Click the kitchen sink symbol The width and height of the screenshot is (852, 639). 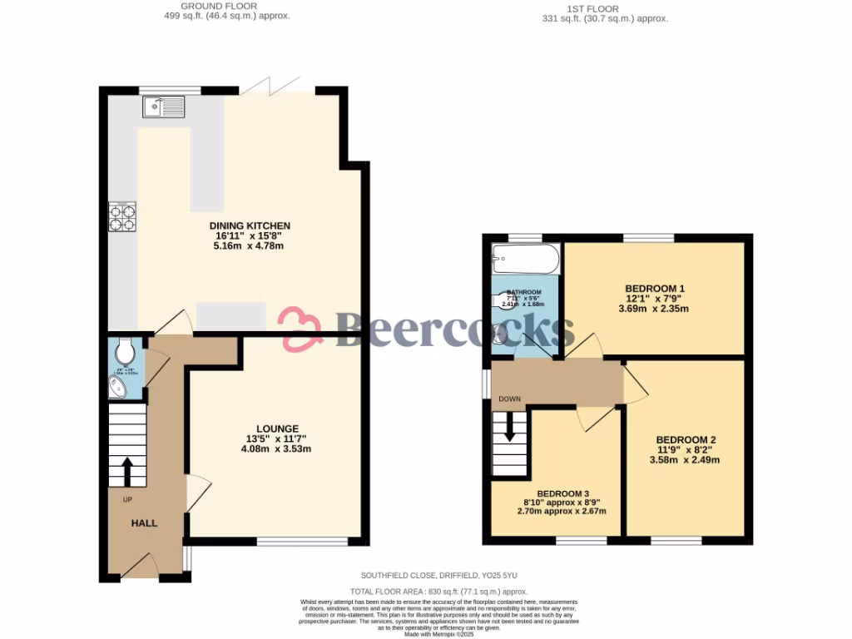click(x=164, y=106)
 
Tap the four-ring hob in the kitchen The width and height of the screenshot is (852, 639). click(x=122, y=216)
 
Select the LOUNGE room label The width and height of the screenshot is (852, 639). click(x=271, y=428)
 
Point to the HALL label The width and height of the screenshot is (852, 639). click(x=144, y=523)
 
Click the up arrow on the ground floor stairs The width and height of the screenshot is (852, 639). click(x=127, y=472)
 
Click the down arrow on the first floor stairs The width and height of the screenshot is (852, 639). click(x=509, y=429)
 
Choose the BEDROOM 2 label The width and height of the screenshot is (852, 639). click(x=686, y=440)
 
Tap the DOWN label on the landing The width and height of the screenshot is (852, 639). click(x=509, y=399)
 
